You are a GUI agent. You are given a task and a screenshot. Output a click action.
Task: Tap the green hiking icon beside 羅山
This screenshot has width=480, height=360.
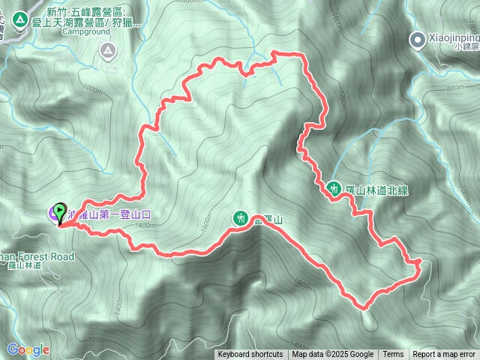pyautogui.click(x=240, y=218)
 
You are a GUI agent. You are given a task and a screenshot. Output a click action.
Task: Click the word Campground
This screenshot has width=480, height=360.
pyautogui.click(x=85, y=32)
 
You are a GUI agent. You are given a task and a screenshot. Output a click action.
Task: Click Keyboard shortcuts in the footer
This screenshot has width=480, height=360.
pyautogui.click(x=250, y=355)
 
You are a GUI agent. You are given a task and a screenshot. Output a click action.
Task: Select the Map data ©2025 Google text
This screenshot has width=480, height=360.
pyautogui.click(x=333, y=355)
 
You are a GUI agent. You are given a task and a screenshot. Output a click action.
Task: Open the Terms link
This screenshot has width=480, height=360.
pyautogui.click(x=393, y=355)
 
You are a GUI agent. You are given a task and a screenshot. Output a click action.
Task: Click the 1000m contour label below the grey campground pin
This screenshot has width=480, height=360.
pyautogui.click(x=93, y=90)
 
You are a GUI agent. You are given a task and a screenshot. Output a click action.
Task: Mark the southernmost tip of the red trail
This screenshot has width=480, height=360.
pyautogui.click(x=367, y=307)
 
